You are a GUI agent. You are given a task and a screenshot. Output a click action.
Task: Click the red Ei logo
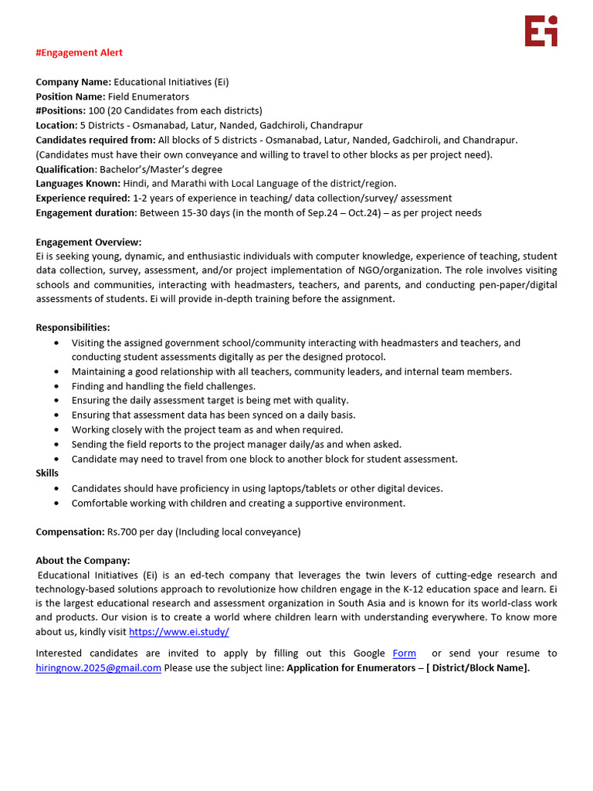pos(540,31)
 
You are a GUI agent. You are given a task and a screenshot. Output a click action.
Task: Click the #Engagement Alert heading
pos(79,53)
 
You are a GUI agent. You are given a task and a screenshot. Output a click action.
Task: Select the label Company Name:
pos(73,82)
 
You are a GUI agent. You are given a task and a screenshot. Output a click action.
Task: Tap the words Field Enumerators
pos(148,97)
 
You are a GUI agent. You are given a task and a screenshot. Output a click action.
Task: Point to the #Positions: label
pos(60,110)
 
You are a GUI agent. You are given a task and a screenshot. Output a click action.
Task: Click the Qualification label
pos(65,169)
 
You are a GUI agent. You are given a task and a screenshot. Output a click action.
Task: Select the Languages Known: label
pos(78,183)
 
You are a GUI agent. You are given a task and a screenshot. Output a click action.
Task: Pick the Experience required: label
pos(83,198)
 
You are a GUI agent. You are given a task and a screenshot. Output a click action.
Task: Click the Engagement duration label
pos(85,212)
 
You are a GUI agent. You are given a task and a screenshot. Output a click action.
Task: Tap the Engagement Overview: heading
pos(88,242)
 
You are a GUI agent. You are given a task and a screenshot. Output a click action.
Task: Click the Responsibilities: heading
pos(73,328)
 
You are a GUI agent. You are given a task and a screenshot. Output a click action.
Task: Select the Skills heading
pos(47,473)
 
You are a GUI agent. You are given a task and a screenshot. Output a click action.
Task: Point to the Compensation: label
pos(69,531)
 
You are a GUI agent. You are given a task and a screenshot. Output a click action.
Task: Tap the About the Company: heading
pos(83,560)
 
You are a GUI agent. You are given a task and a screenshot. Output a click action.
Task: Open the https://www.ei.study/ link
pos(178,631)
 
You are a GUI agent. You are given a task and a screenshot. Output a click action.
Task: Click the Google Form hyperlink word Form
pos(404,653)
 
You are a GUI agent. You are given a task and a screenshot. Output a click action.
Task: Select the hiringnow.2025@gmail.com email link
pos(98,667)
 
